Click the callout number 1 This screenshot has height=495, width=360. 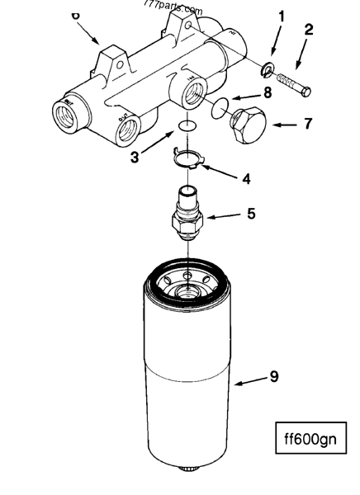tap(282, 16)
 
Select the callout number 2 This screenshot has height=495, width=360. tap(308, 30)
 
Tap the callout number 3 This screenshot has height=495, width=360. tap(134, 156)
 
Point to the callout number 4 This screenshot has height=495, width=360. tap(245, 178)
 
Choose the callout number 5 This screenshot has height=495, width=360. tap(251, 214)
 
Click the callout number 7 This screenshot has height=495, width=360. tap(307, 125)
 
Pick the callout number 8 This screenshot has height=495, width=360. tap(267, 93)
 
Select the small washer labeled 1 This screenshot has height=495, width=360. tap(269, 68)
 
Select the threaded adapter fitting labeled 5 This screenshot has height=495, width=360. tap(189, 214)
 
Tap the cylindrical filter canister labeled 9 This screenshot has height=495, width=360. tap(189, 371)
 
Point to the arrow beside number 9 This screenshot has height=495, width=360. tap(247, 382)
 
